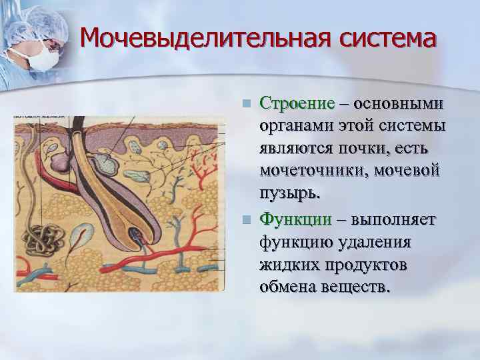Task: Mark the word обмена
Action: click(291, 287)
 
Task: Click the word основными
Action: click(401, 104)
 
